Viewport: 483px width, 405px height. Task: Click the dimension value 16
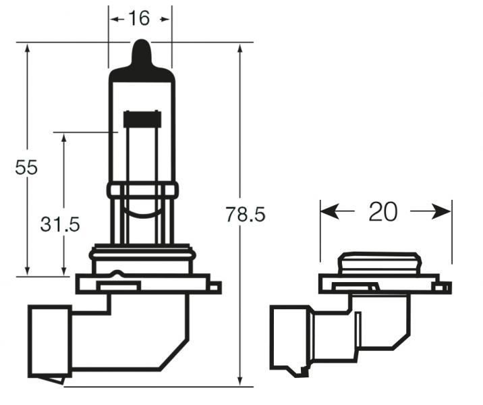pos(139,18)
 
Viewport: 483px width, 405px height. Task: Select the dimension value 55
pos(26,167)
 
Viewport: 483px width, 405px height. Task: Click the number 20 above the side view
pos(382,212)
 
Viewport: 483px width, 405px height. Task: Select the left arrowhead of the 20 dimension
pos(328,212)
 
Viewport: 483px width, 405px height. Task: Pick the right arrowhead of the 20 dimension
pos(444,212)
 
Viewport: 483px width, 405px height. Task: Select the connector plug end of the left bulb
pos(49,341)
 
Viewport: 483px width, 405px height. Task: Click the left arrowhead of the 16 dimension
pos(115,18)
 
